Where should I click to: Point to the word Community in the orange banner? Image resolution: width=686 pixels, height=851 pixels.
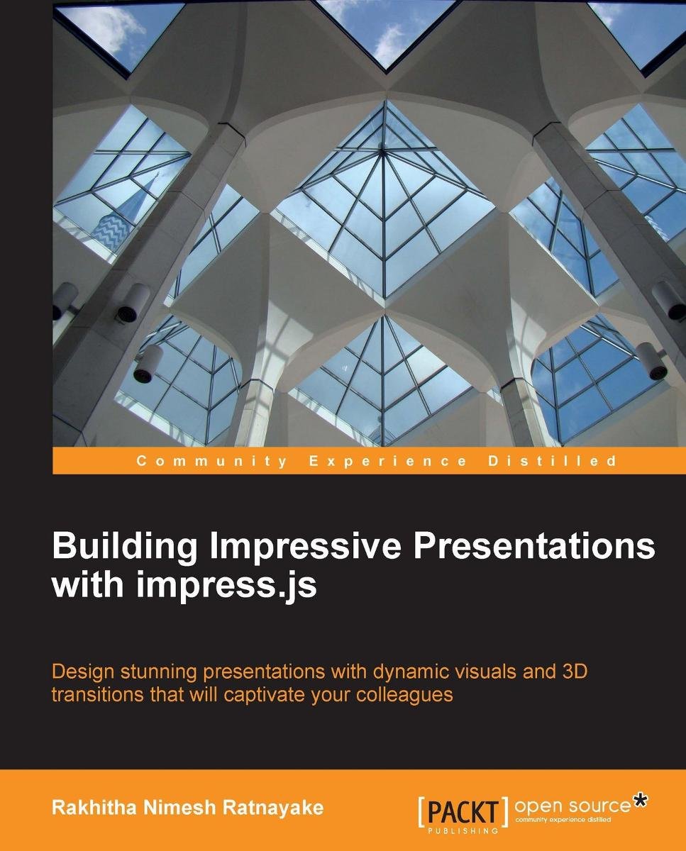(212, 461)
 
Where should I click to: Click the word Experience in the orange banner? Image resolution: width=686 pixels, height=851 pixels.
(388, 461)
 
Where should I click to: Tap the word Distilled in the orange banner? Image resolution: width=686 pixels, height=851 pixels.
(553, 461)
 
